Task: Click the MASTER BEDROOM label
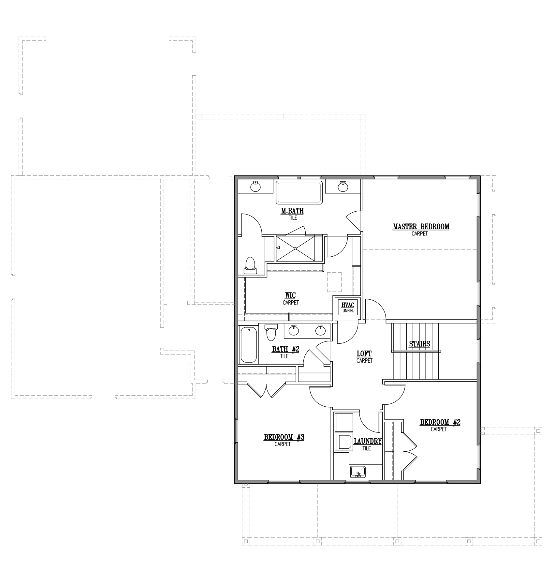(x=421, y=226)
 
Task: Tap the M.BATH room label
(x=292, y=211)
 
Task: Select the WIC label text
(x=290, y=295)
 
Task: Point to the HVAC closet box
(x=347, y=307)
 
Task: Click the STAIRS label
(x=419, y=344)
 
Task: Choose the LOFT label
(x=364, y=354)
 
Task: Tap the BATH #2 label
(x=285, y=350)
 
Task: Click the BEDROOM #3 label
(x=284, y=437)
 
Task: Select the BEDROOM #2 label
(x=440, y=422)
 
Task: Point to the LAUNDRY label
(x=368, y=441)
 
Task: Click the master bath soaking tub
(x=299, y=192)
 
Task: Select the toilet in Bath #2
(x=271, y=332)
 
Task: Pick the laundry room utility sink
(x=358, y=472)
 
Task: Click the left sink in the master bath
(x=255, y=187)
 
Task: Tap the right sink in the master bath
(x=343, y=187)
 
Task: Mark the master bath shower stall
(x=296, y=248)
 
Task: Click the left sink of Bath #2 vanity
(x=294, y=330)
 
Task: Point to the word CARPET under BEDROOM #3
(x=283, y=444)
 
